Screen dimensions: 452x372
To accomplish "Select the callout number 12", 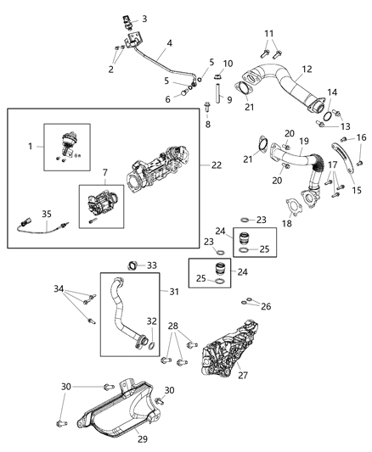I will pyautogui.click(x=283, y=69).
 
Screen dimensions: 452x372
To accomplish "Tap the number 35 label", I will pyautogui.click(x=25, y=213).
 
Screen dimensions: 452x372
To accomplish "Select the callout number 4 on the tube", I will pyautogui.click(x=170, y=43).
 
